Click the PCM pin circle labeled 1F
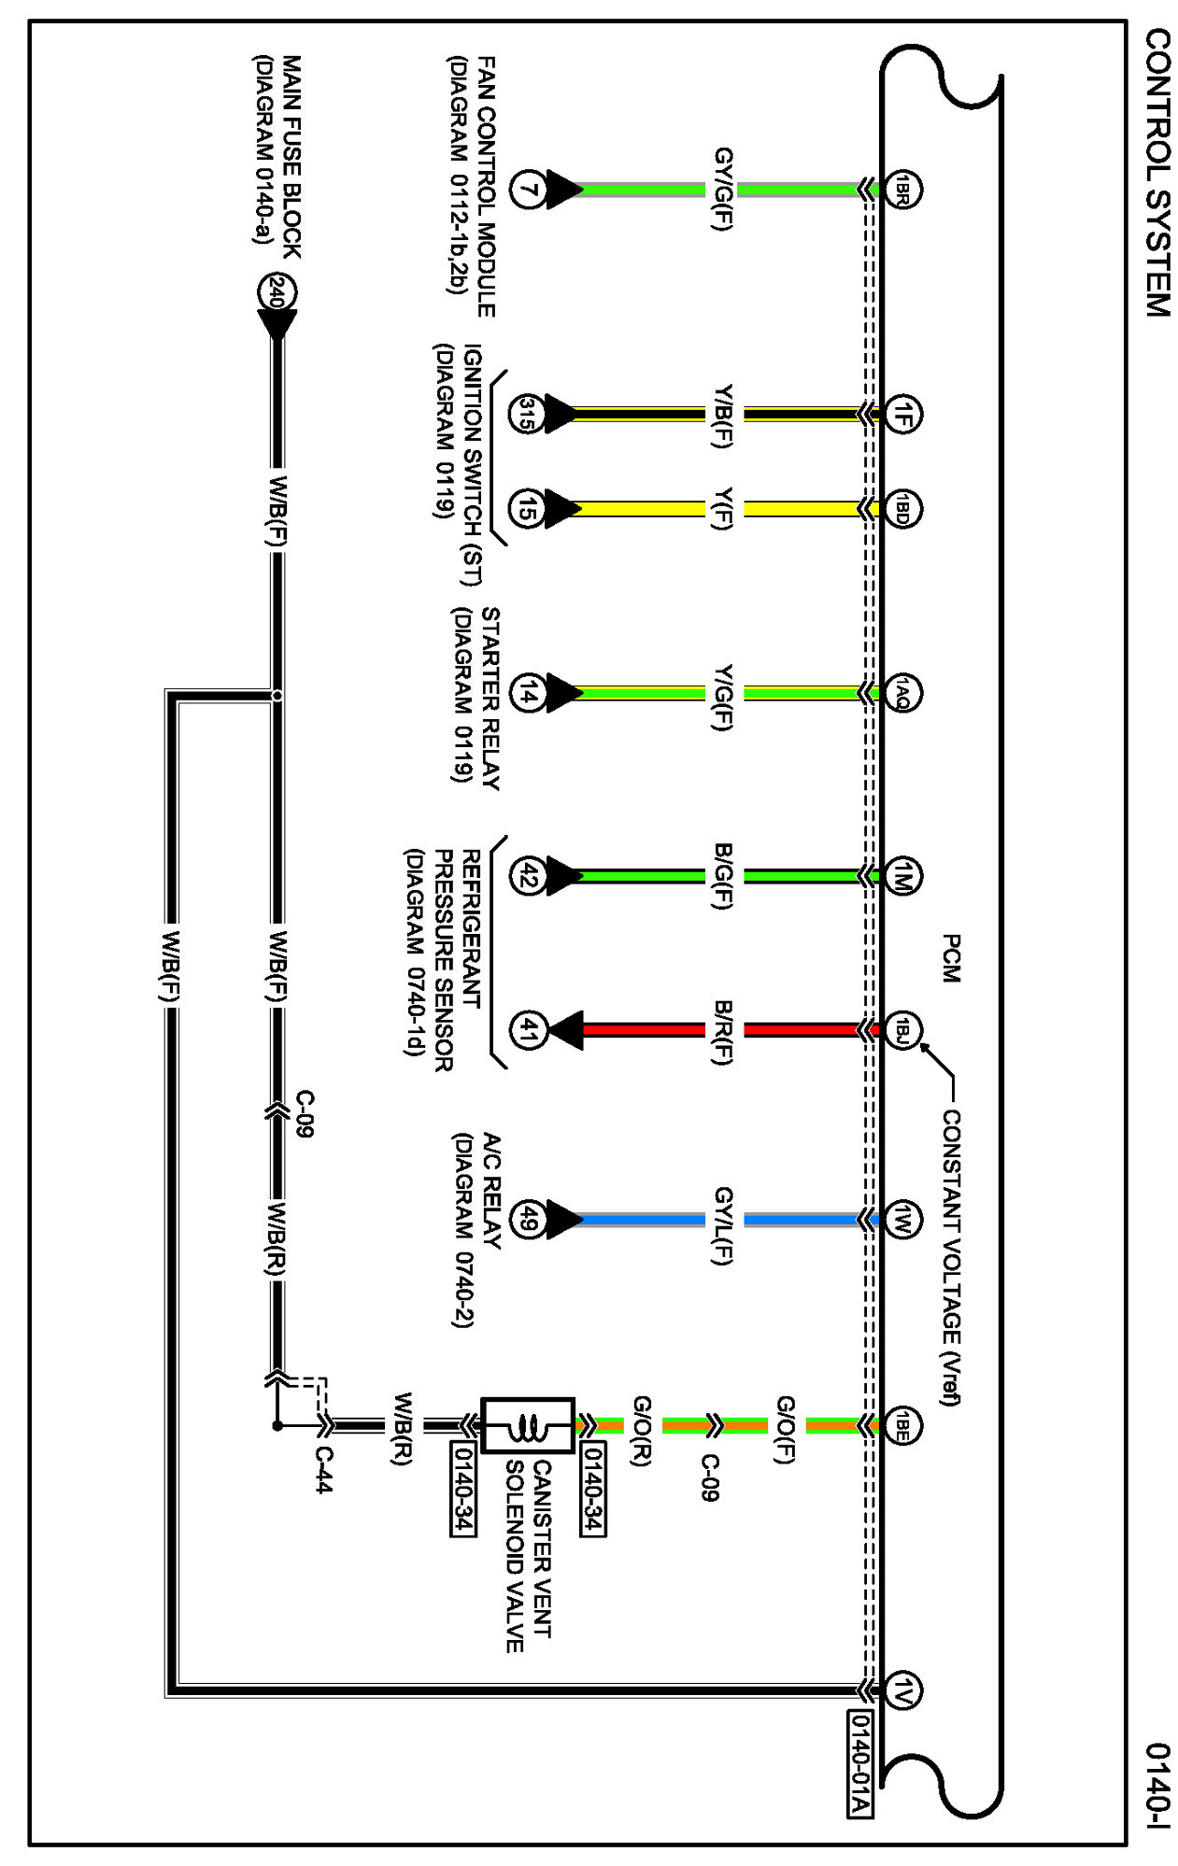tap(902, 415)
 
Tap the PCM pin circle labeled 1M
tap(902, 876)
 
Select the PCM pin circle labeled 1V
tap(902, 1690)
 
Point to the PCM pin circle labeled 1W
tap(902, 1220)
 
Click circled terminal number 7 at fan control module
tap(528, 191)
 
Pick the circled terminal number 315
tap(528, 414)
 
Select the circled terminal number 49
tap(528, 1220)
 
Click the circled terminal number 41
tap(528, 1030)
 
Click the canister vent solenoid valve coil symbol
tap(528, 1426)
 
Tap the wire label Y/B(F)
tap(722, 415)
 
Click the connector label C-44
tap(322, 1470)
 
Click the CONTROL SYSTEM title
tap(1157, 173)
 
